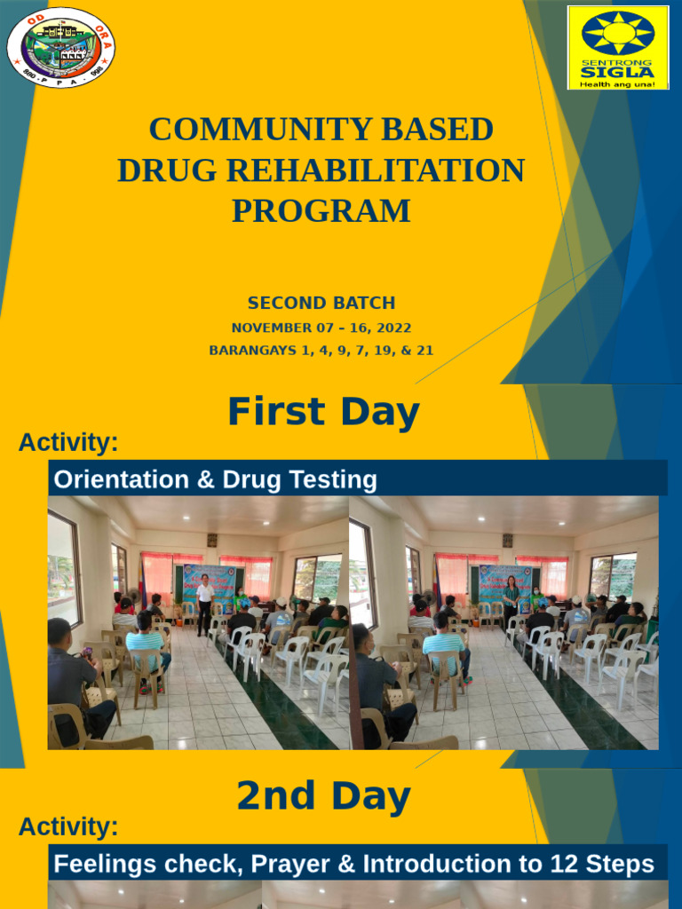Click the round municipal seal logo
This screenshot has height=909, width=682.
pos(61,48)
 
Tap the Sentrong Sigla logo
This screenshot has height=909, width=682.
pos(618,48)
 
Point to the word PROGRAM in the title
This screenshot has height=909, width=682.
pos(321,211)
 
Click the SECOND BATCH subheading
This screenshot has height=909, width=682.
pos(321,303)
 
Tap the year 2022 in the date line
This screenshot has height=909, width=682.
pos(393,328)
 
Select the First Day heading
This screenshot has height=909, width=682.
pos(323,413)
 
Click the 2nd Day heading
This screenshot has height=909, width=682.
pos(323,797)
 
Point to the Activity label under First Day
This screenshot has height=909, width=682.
pos(68,442)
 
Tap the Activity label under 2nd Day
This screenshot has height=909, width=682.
pos(68,826)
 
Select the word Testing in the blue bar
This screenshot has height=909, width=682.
pos(337,480)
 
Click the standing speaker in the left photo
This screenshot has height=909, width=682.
pos(205,604)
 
